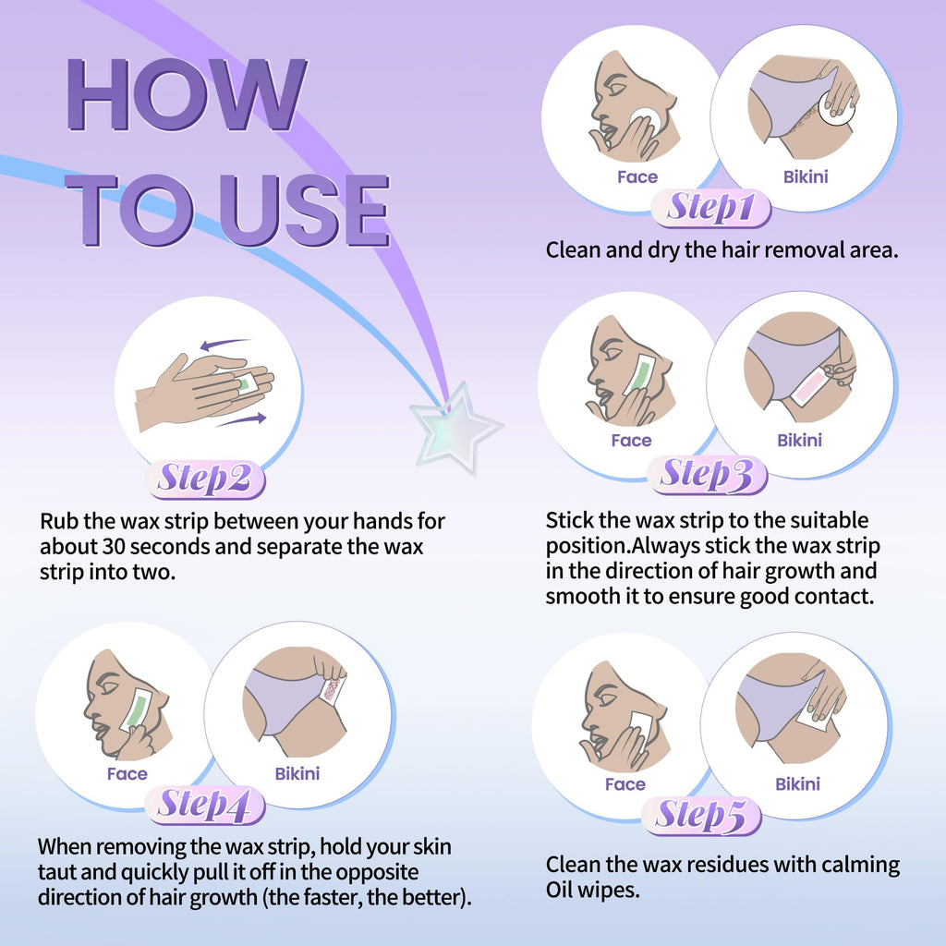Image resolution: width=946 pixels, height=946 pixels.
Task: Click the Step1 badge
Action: [x=711, y=208]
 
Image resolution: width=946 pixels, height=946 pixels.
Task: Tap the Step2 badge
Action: [x=205, y=479]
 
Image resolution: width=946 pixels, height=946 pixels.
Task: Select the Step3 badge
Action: [x=707, y=475]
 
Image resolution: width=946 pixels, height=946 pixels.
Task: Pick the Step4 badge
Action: [x=205, y=806]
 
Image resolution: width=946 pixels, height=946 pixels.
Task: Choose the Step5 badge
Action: [x=701, y=816]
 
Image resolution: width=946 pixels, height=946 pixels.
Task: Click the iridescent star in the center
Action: [x=456, y=425]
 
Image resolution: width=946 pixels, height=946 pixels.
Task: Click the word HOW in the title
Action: [x=187, y=95]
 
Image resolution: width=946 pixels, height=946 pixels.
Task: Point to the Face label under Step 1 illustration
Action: [x=637, y=176]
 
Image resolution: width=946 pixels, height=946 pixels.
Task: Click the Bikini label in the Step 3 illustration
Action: [x=799, y=440]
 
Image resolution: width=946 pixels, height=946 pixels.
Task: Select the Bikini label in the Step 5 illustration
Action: [x=797, y=783]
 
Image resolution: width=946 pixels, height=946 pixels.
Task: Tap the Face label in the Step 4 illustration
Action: [x=127, y=773]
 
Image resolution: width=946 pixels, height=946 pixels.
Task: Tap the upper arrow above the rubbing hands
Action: [x=225, y=344]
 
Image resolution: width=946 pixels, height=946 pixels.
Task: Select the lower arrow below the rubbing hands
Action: [x=241, y=419]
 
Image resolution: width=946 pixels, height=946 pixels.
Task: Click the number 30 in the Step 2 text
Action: [x=114, y=547]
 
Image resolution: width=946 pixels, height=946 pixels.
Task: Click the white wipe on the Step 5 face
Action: [x=641, y=728]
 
